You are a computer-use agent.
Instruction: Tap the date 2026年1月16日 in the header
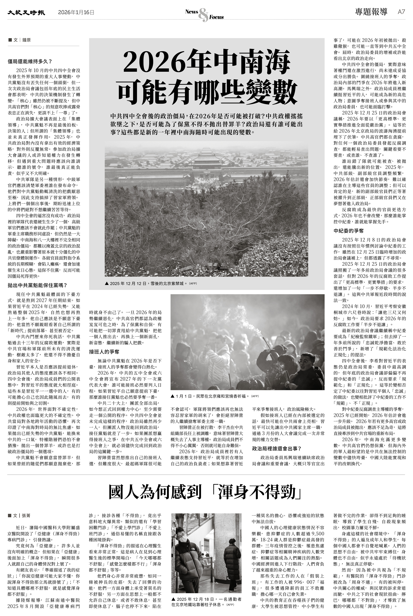[76, 12]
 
